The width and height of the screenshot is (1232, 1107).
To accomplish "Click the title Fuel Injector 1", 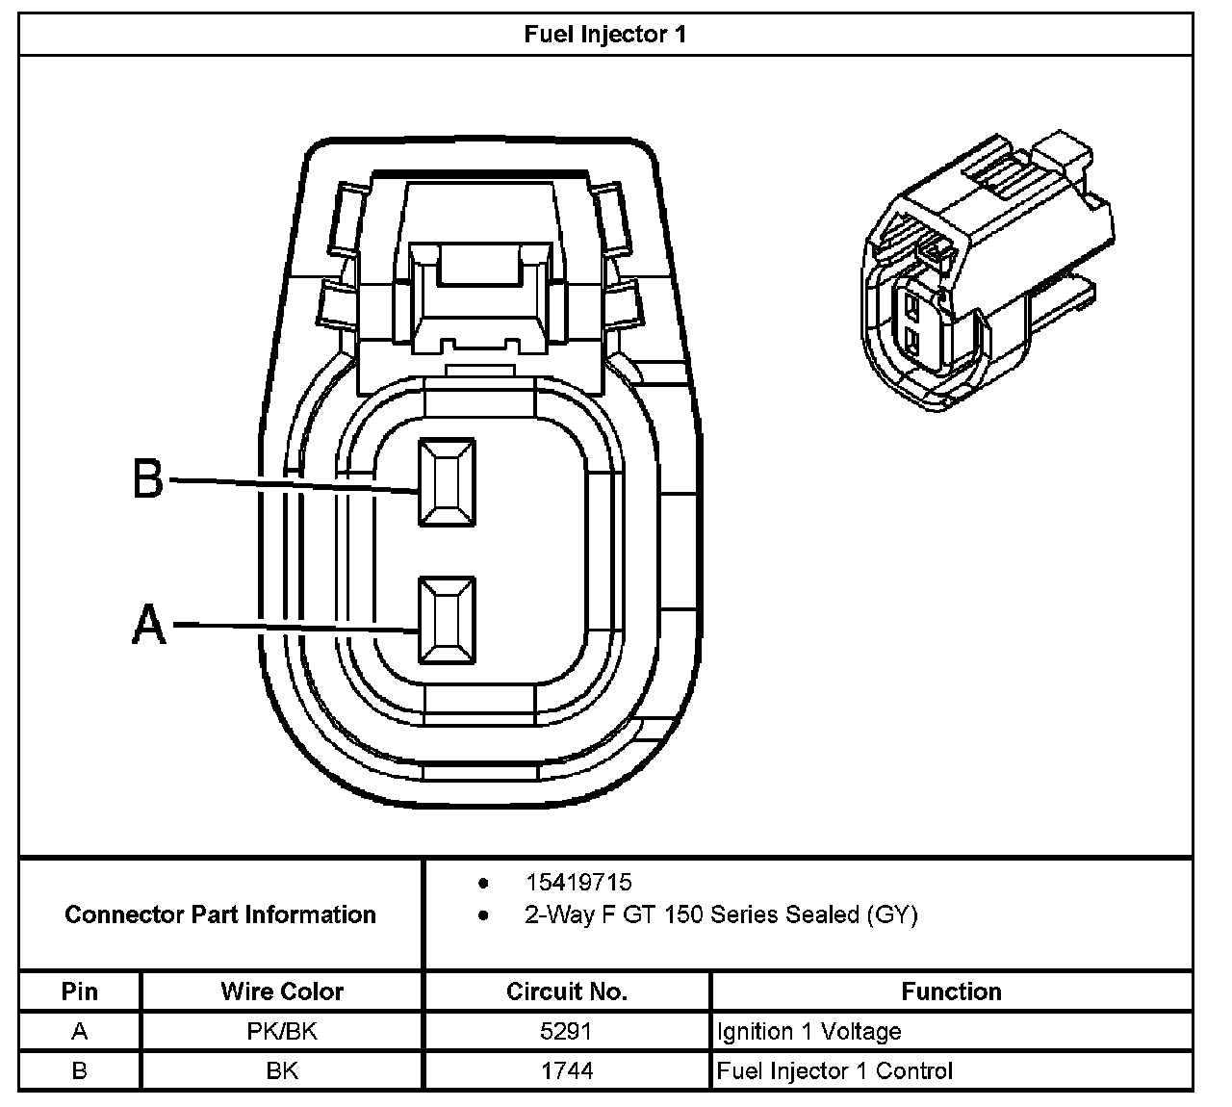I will point(604,35).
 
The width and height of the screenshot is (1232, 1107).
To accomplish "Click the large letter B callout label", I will point(148,478).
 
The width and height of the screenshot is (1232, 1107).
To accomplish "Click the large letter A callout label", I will point(148,625).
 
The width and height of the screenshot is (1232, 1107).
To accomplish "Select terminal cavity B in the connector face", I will point(447,481).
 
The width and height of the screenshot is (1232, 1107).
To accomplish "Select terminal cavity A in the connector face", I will point(447,621).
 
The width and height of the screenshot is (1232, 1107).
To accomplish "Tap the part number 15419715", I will point(578,882).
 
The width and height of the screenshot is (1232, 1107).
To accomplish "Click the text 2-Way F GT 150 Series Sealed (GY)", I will point(721,914).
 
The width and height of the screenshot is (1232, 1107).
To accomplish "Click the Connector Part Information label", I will point(220,914).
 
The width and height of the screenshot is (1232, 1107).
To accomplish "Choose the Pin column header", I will point(80,991).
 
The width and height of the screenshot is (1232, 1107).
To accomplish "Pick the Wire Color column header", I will point(281,991).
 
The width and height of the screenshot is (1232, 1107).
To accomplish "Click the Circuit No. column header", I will point(567,991).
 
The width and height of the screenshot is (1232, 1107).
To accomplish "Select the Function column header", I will point(951,991).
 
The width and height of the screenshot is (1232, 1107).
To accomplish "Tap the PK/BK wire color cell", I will point(281,1032).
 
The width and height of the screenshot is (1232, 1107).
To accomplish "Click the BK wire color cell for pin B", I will point(281,1070).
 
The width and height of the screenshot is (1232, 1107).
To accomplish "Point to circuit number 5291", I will point(567,1032).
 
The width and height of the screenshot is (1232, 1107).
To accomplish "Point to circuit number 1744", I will point(567,1070).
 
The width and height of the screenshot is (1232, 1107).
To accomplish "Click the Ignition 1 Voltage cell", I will point(809,1032).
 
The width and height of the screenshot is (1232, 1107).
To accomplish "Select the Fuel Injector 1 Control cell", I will point(834,1070).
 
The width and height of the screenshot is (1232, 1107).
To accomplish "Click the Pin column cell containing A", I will point(80,1032).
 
